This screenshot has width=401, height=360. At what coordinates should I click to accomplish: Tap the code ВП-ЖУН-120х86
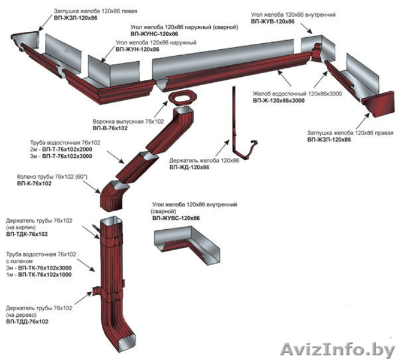pyautogui.click(x=137, y=49)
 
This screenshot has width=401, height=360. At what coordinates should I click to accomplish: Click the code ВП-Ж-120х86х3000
pyautogui.click(x=279, y=101)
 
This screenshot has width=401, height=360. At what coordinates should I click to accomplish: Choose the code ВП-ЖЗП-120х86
pyautogui.click(x=329, y=139)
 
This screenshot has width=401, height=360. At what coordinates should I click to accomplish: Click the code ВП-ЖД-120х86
pyautogui.click(x=189, y=167)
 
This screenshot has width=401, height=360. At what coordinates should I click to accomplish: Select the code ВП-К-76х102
pyautogui.click(x=35, y=184)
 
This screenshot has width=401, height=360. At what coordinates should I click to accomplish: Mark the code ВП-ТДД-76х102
pyautogui.click(x=28, y=322)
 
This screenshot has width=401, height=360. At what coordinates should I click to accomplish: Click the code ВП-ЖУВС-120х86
pyautogui.click(x=176, y=219)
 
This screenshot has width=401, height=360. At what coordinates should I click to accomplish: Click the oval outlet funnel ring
pyautogui.click(x=180, y=98)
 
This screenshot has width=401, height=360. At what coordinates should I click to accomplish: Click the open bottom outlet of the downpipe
pyautogui.click(x=128, y=344)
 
